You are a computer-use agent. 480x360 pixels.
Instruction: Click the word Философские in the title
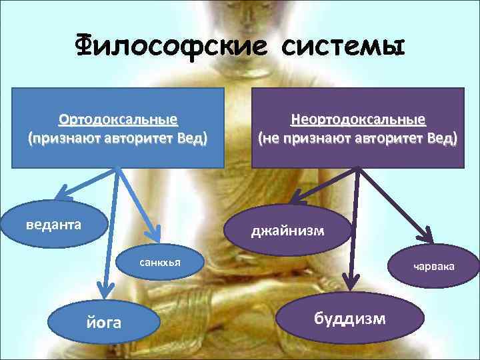point(170,47)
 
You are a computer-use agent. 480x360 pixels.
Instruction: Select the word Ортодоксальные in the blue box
point(118,120)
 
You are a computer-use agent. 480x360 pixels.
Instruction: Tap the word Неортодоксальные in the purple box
point(358,120)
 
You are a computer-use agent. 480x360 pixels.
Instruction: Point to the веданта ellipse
point(54,224)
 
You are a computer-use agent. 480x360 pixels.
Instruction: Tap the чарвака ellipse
point(434,266)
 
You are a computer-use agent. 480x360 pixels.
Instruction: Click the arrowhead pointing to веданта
point(63,196)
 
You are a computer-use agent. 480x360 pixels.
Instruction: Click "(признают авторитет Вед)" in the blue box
point(118,139)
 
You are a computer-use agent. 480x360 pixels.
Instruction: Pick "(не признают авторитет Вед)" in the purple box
point(358,139)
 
